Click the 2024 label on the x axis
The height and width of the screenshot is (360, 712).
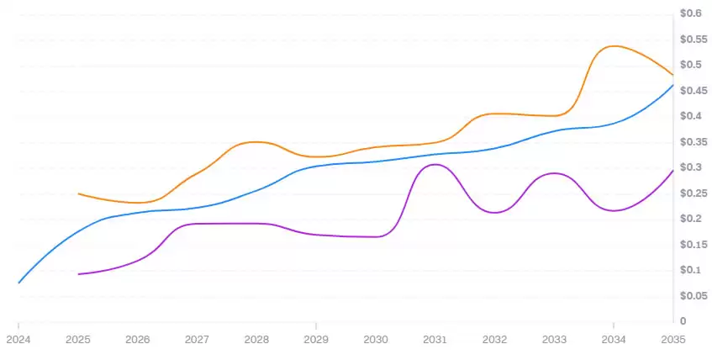(18, 340)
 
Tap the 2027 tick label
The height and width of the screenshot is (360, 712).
(197, 340)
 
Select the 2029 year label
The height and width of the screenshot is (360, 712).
(316, 340)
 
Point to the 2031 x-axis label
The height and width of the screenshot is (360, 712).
(435, 340)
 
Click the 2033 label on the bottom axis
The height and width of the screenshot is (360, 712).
(554, 340)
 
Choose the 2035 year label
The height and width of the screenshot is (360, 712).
(672, 340)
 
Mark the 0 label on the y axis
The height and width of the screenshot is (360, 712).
(684, 321)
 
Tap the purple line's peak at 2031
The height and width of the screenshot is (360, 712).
(434, 164)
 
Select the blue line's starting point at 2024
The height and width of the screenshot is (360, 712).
(18, 283)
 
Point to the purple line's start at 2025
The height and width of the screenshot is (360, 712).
(78, 274)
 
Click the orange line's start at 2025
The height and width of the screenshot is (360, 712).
(78, 193)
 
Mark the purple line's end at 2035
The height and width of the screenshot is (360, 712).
(672, 171)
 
